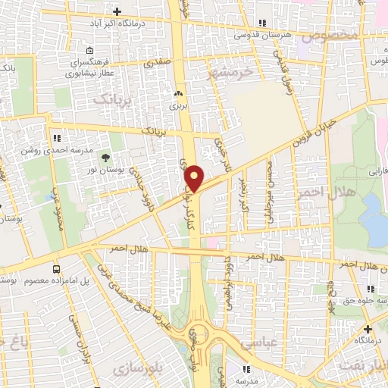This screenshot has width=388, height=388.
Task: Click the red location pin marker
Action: click(x=196, y=178)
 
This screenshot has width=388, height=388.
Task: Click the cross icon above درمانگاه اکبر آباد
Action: click(x=117, y=11)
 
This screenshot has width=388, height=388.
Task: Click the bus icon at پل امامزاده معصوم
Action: click(x=57, y=269)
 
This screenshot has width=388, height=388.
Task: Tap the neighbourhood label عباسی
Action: click(x=257, y=342)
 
